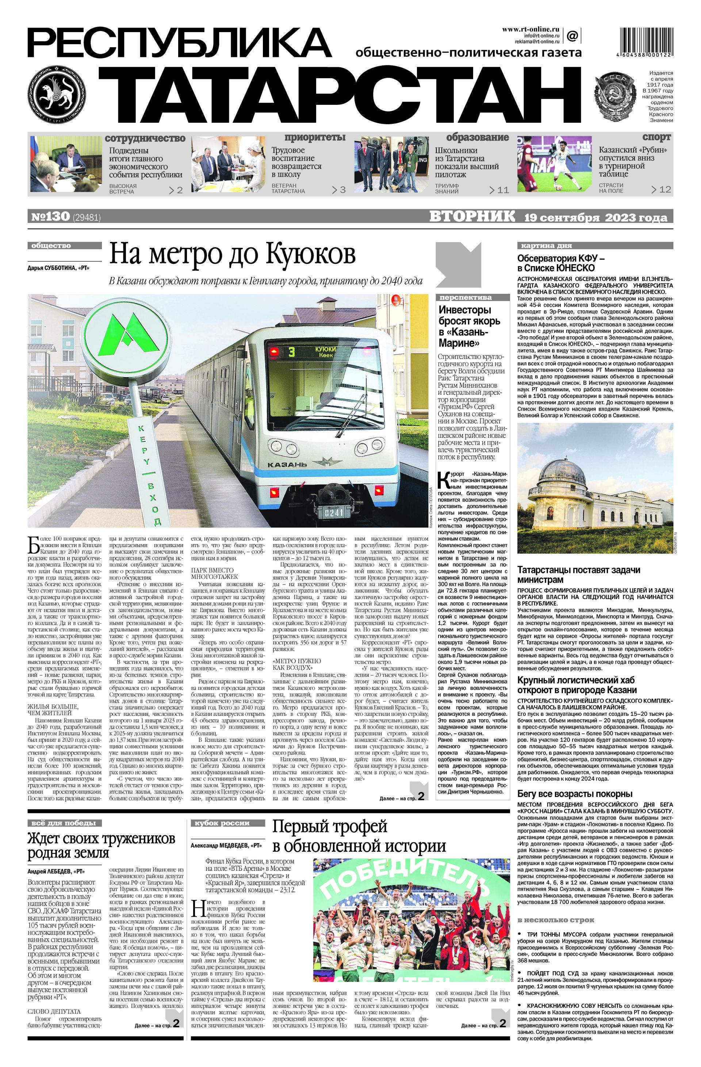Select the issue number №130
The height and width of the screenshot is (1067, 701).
(50, 217)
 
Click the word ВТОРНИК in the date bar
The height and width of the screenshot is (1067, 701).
(472, 217)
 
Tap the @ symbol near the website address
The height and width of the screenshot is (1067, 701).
(572, 35)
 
